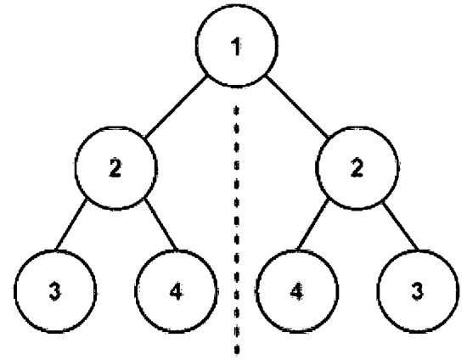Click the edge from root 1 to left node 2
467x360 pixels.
(x=176, y=107)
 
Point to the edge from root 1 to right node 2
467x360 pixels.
(x=297, y=107)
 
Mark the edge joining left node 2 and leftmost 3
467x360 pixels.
(x=71, y=224)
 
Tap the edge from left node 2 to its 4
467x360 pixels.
(x=160, y=224)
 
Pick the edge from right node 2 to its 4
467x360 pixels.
(x=313, y=224)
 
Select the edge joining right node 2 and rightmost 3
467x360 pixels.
(x=401, y=226)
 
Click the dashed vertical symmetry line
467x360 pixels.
(x=237, y=230)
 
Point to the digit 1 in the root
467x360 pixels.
(x=236, y=47)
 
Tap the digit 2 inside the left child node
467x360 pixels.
(x=115, y=168)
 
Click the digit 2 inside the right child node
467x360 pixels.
(x=357, y=168)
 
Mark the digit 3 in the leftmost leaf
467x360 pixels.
(x=55, y=291)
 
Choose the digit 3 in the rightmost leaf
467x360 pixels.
(x=417, y=291)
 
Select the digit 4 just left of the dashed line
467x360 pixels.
(x=177, y=291)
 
